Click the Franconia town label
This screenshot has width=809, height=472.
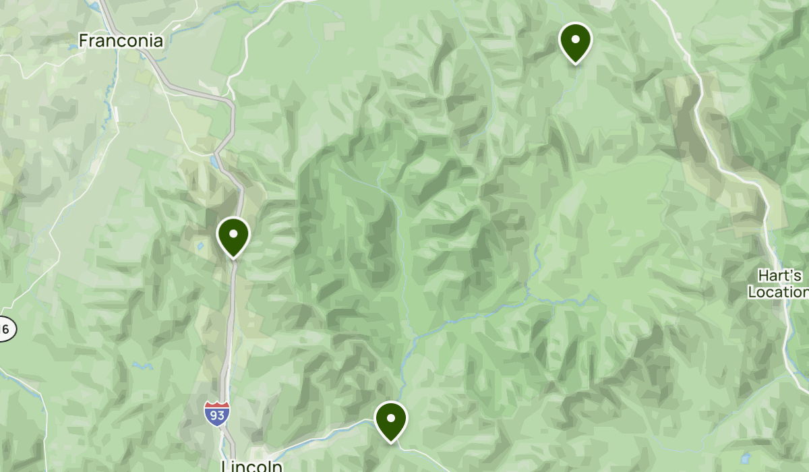121,41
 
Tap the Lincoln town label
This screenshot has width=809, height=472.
251,466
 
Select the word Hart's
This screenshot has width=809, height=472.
780,276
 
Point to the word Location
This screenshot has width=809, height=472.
778,292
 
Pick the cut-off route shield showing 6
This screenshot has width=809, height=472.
6,328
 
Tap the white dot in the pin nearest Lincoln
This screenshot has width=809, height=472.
390,417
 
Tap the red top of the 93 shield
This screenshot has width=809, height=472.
217,406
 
